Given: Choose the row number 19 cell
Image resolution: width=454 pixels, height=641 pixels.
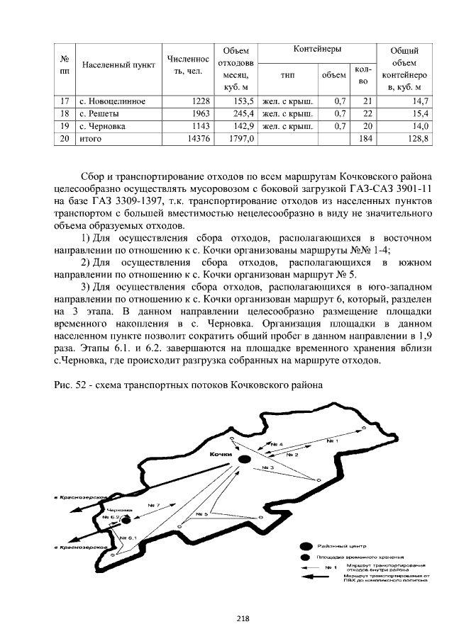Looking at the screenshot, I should coord(65,126).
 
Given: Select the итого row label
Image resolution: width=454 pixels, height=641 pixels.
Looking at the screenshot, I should coord(91,139).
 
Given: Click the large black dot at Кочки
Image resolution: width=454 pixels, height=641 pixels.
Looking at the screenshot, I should coord(243,460).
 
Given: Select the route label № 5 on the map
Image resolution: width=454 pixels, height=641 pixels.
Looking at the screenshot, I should coord(201,513).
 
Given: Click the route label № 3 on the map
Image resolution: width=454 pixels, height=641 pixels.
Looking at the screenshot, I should coord(267,468).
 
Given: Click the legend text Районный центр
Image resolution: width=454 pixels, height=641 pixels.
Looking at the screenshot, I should coord(343,547).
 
